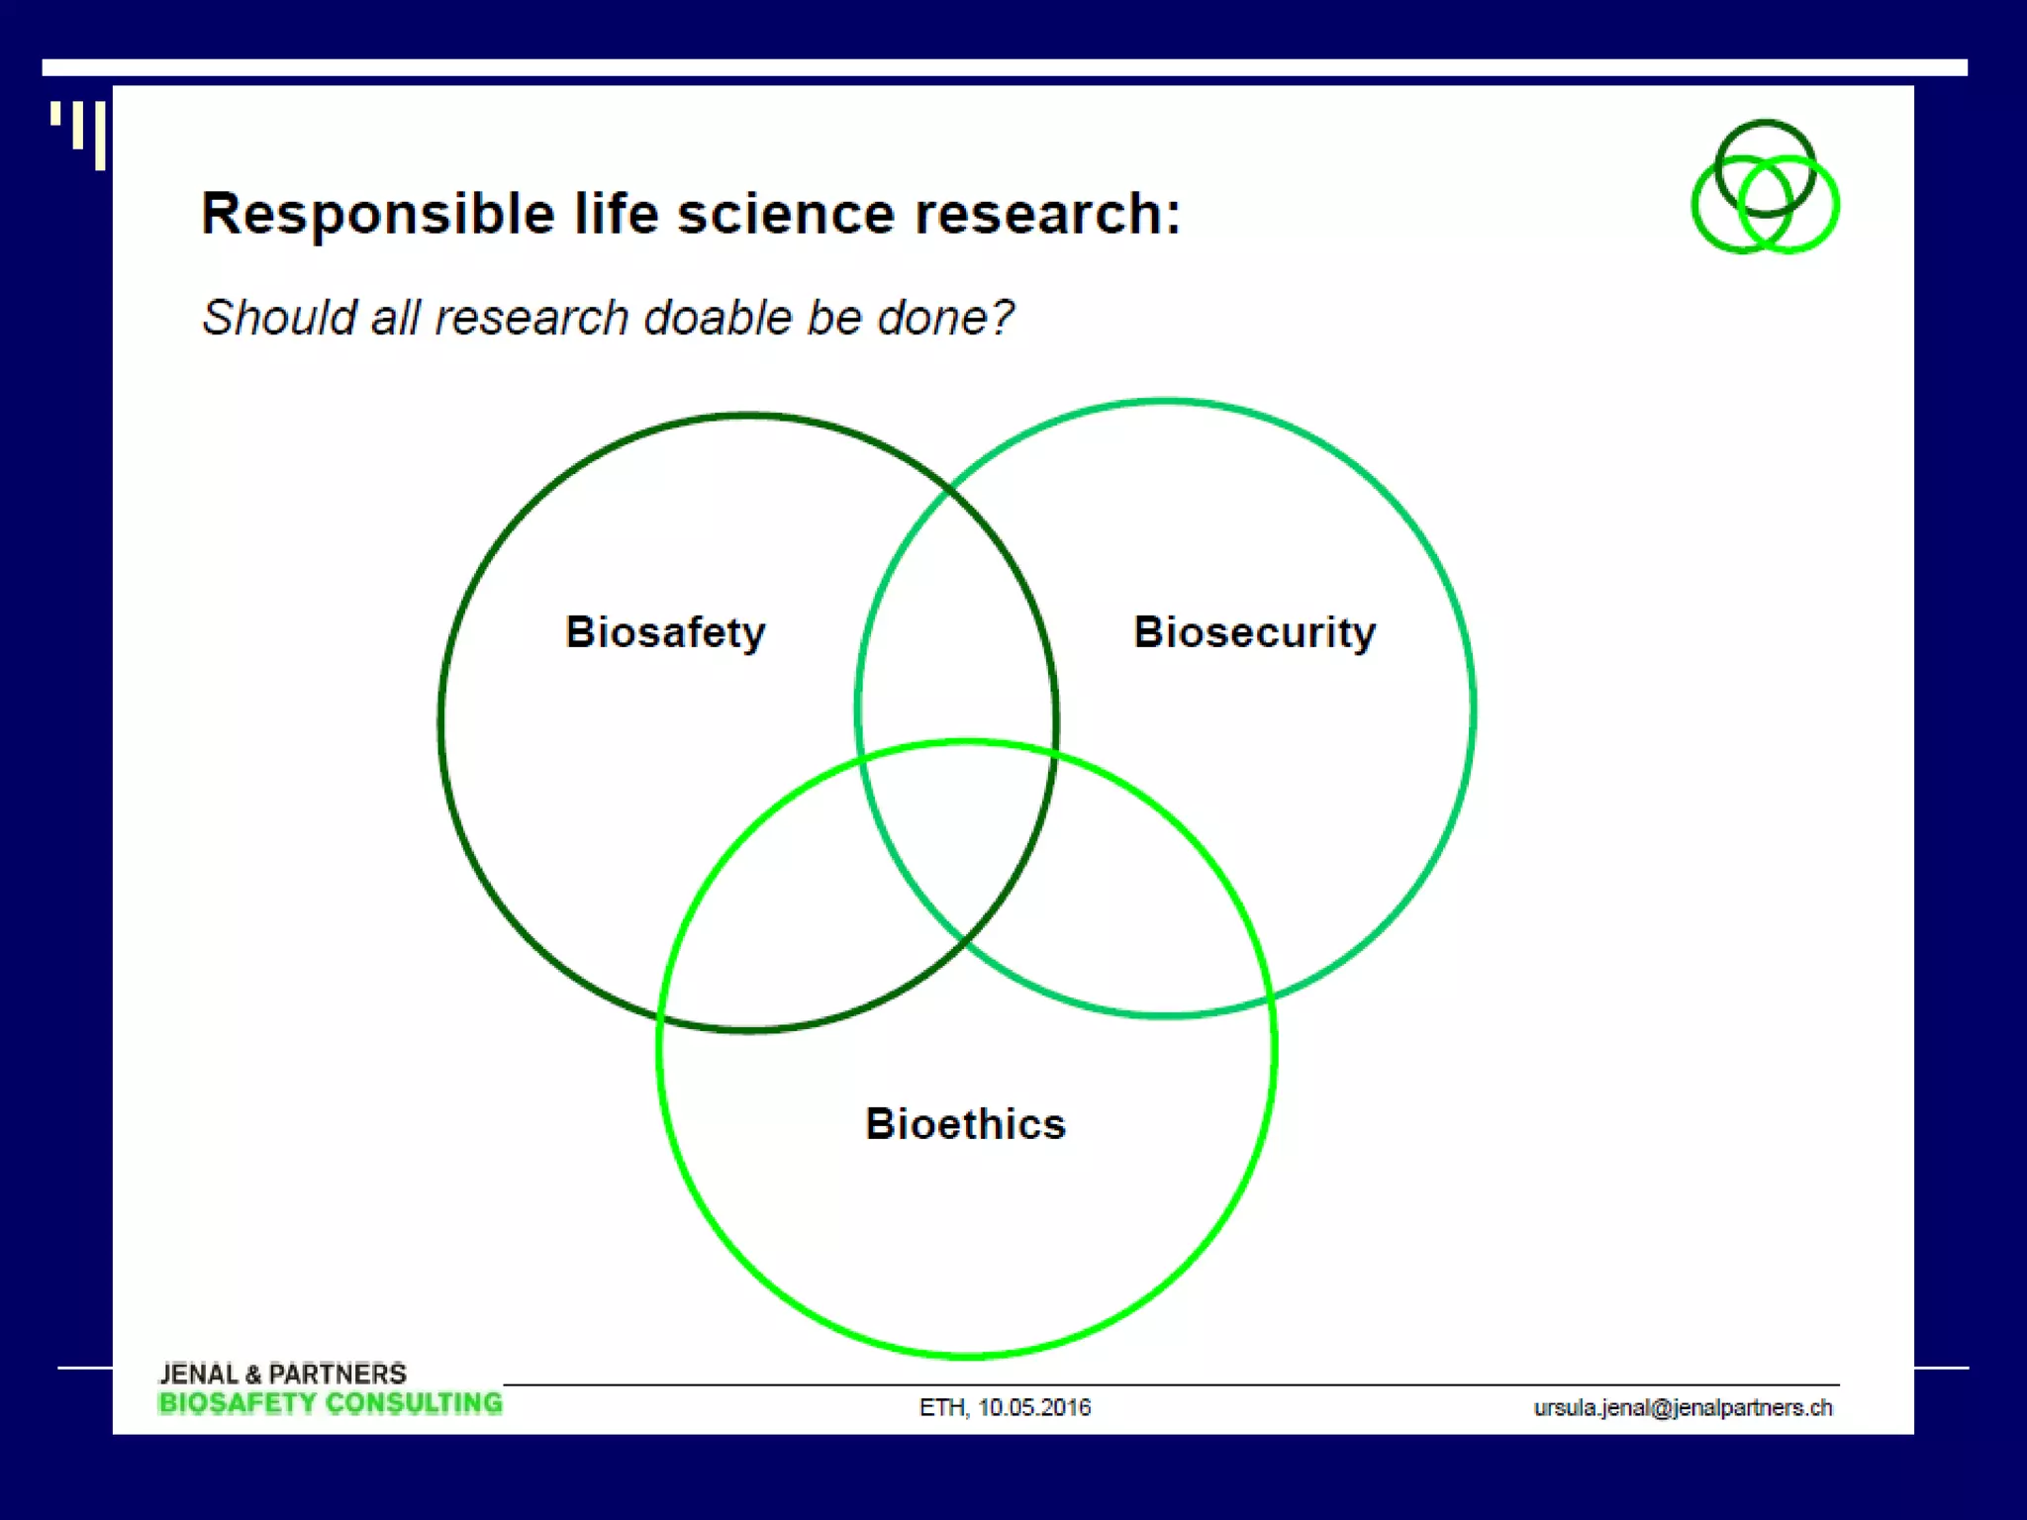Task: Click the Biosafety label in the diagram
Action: point(665,632)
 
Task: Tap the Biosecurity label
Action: point(1254,632)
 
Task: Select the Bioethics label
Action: point(965,1124)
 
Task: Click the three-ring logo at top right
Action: point(1765,188)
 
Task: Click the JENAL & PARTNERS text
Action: point(283,1374)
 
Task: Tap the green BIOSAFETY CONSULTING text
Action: point(330,1403)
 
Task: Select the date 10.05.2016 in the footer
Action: point(1033,1407)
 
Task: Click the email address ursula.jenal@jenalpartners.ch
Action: point(1683,1407)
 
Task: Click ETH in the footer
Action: point(941,1407)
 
